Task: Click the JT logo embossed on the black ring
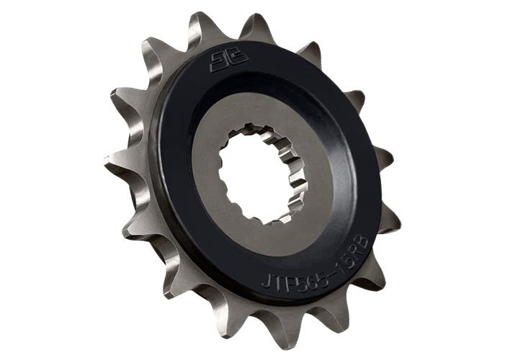[222, 61]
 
